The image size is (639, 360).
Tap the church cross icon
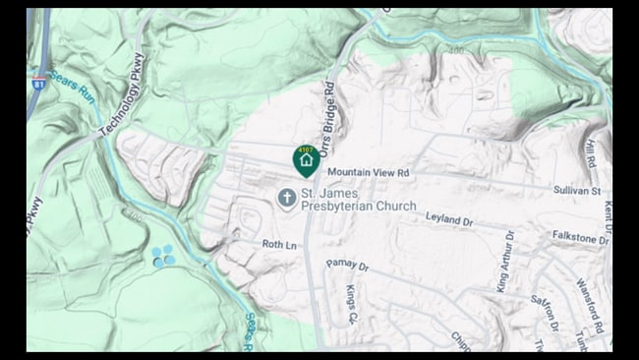coord(286,199)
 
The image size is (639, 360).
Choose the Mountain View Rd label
coord(369,172)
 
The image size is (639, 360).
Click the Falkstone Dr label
coord(580,238)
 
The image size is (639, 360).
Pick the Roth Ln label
coord(278,243)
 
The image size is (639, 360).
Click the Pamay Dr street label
coord(348,266)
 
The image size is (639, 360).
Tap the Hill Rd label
coord(590,151)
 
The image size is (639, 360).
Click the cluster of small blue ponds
coord(163,256)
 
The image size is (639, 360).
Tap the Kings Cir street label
coord(351,305)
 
